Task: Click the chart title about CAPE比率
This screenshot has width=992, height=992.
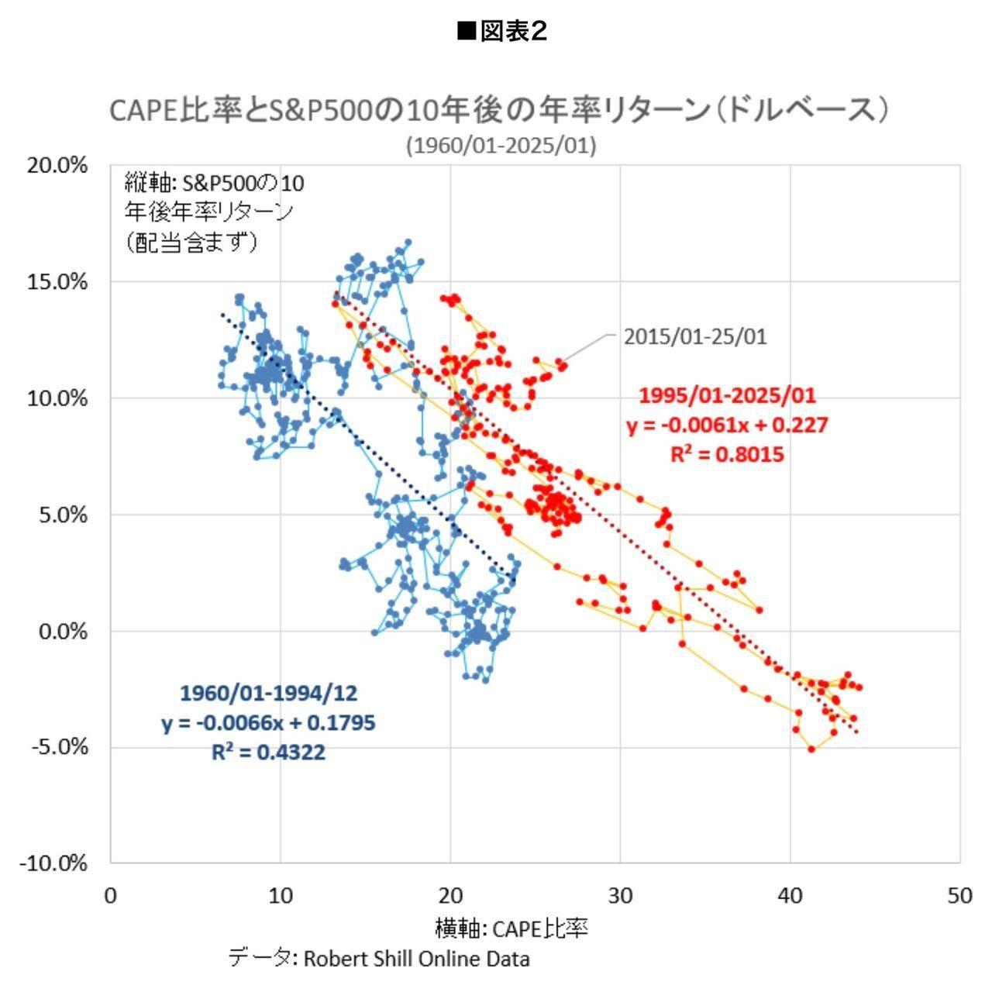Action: click(498, 110)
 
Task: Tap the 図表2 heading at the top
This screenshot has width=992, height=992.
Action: click(502, 31)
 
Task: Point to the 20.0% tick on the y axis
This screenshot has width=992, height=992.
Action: click(58, 165)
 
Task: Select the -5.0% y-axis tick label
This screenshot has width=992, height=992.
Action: click(59, 747)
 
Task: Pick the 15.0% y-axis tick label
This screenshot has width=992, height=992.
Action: click(58, 281)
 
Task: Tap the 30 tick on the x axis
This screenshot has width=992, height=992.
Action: click(620, 896)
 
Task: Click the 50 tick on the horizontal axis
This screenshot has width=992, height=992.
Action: click(959, 896)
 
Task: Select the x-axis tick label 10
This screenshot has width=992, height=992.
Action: click(281, 896)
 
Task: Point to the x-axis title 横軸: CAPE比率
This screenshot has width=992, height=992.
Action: click(511, 928)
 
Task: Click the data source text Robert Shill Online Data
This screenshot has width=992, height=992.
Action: click(416, 959)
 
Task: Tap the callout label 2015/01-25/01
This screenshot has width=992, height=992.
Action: click(695, 337)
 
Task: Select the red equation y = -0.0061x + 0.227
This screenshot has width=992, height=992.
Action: click(727, 425)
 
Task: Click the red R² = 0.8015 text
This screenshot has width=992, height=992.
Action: click(727, 453)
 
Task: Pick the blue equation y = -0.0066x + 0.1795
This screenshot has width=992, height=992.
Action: click(268, 723)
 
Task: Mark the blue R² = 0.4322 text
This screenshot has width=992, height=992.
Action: click(268, 752)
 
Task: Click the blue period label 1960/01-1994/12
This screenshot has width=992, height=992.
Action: click(268, 693)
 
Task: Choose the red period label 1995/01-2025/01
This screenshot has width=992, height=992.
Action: click(727, 395)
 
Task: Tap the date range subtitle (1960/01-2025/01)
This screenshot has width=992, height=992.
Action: click(501, 146)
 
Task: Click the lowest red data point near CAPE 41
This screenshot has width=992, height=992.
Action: click(811, 749)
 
